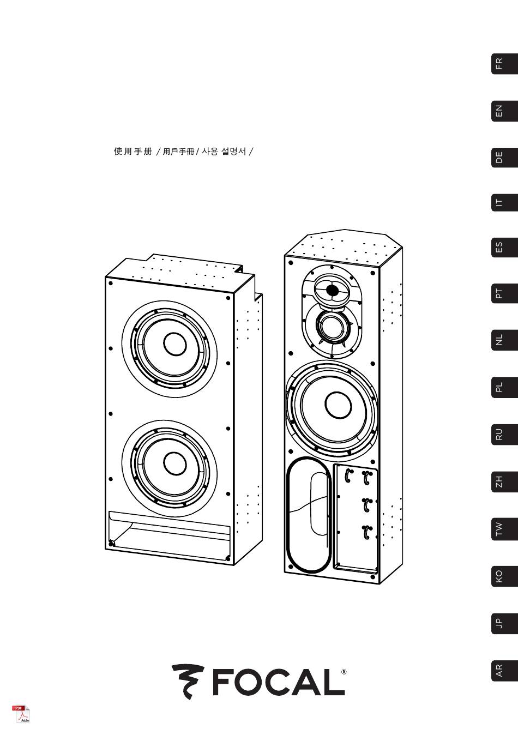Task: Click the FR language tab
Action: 504,64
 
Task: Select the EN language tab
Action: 504,111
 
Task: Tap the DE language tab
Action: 504,157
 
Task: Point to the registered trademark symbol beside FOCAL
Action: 344,671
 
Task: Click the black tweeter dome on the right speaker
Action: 332,290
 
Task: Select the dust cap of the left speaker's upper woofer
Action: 175,344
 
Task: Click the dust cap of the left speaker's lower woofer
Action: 175,463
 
